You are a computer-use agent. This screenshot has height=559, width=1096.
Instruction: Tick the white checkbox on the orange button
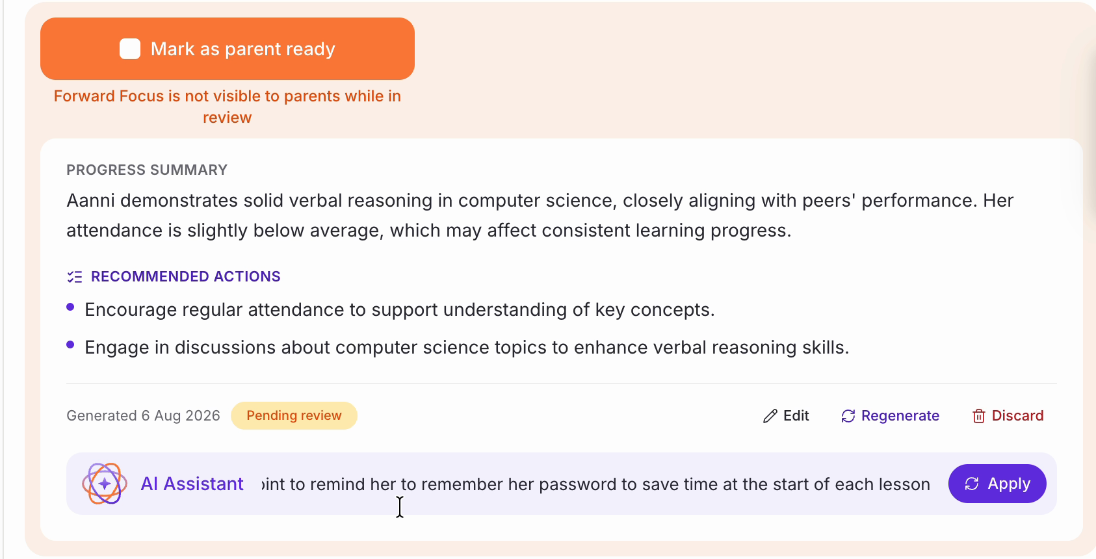click(x=130, y=49)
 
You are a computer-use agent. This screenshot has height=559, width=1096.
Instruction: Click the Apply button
click(x=997, y=484)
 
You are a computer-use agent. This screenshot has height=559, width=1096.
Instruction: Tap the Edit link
click(x=786, y=416)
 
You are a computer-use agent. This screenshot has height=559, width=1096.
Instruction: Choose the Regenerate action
click(x=890, y=416)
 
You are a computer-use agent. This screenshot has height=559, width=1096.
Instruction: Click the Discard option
click(x=1008, y=416)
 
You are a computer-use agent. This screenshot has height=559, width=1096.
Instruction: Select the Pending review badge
click(x=294, y=416)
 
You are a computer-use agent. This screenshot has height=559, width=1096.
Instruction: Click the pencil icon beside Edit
click(x=770, y=416)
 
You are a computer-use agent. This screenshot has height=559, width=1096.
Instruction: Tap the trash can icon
click(x=978, y=416)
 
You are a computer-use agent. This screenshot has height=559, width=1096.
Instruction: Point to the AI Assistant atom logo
click(x=105, y=484)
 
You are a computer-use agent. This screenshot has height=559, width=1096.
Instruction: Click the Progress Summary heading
click(x=147, y=170)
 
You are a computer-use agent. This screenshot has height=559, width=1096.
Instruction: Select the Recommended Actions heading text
click(x=186, y=276)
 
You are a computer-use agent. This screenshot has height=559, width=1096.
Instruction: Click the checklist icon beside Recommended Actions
click(x=75, y=277)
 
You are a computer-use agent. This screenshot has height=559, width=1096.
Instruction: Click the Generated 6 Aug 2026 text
click(x=144, y=416)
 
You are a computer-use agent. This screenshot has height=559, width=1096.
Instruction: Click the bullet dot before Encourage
click(x=70, y=307)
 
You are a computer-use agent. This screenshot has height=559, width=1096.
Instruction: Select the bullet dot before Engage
click(x=70, y=344)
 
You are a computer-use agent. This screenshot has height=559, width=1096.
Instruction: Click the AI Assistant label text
click(x=192, y=484)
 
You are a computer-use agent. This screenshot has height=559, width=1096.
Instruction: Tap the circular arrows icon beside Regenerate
click(x=848, y=416)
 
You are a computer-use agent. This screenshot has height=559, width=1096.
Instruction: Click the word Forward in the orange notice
click(x=84, y=96)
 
